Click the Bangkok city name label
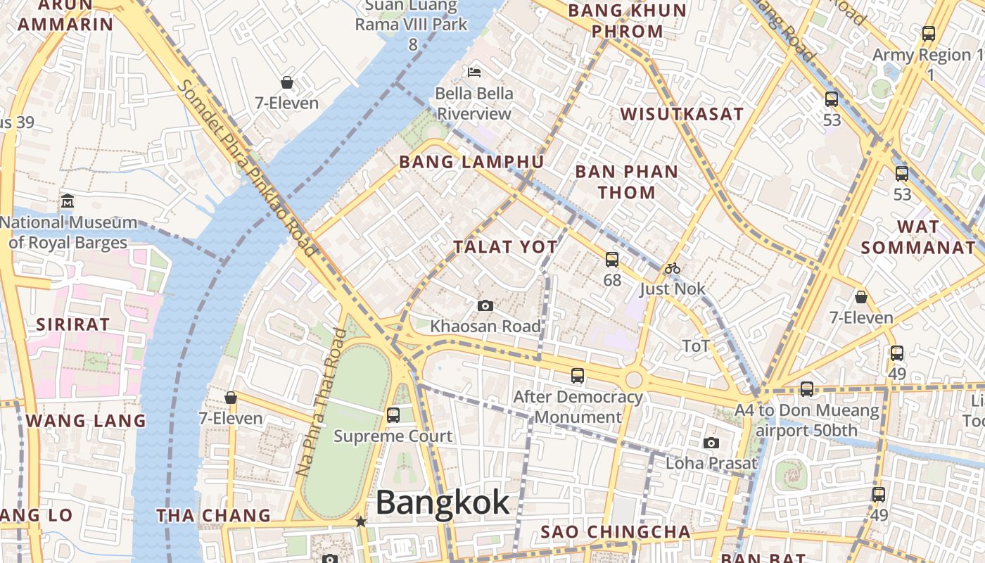coord(442,502)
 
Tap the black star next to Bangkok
coord(361,521)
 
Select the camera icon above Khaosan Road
coord(485,305)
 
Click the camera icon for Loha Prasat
coord(711,443)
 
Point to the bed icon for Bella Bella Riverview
coord(474,72)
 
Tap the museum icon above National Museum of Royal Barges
coord(68,201)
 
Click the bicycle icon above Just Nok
coord(673,268)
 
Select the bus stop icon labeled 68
coord(612,259)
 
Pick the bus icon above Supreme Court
coord(393,415)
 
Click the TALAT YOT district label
coord(506,247)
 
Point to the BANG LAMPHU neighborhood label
coord(471,162)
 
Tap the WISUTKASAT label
coord(682,114)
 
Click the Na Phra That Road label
coord(320,401)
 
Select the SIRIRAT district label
coord(73,324)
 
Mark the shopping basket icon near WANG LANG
coord(230,398)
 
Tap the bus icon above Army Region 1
coord(929,33)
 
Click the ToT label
coord(696,346)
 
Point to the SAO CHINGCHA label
coord(615,531)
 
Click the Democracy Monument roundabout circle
coord(633,380)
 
